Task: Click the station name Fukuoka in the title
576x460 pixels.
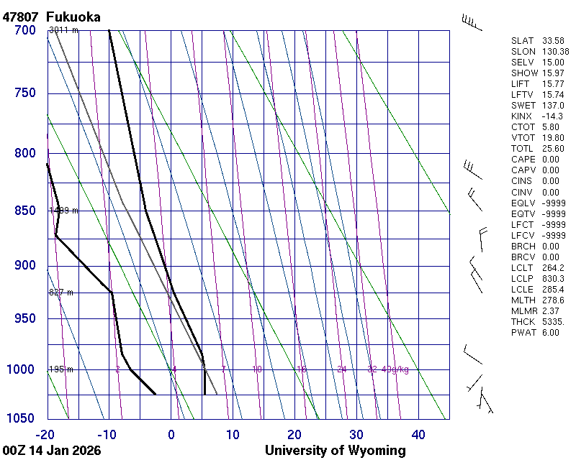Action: pos(73,17)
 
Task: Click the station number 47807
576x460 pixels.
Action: pos(21,17)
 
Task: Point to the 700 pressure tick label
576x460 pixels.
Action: pos(24,30)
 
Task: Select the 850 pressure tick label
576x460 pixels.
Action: pos(24,211)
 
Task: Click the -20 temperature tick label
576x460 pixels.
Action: pos(45,434)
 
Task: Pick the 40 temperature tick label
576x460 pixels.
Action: pos(418,434)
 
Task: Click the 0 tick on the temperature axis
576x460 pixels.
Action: pos(171,434)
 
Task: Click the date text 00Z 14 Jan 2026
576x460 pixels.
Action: pos(52,451)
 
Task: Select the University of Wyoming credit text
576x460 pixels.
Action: pos(335,451)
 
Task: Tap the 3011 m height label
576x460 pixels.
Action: pos(63,30)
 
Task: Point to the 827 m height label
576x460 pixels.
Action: pos(62,293)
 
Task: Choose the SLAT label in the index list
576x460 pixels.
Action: pos(523,41)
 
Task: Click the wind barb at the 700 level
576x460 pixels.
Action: pos(472,23)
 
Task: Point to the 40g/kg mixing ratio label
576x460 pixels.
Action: pos(395,369)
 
